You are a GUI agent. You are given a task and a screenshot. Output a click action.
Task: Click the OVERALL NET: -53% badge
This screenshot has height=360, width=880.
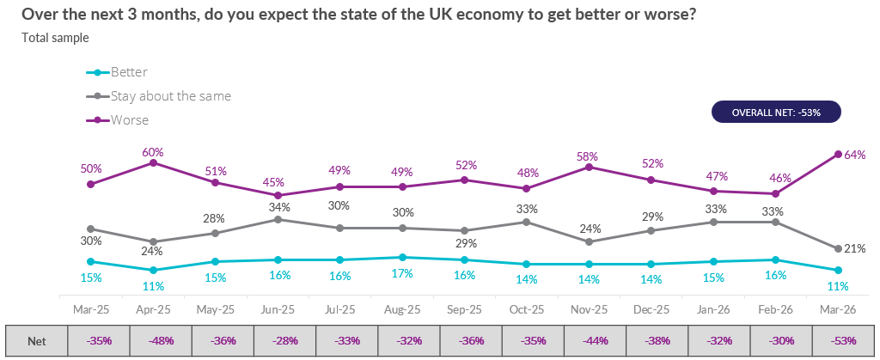(776, 113)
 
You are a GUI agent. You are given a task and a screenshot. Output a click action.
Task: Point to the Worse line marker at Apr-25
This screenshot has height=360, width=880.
(154, 162)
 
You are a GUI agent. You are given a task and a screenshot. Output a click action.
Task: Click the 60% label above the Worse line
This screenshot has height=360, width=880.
(154, 152)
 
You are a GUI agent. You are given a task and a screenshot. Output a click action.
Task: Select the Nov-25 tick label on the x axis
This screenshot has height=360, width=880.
(589, 308)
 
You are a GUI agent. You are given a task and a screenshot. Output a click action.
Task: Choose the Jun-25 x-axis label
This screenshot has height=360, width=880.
(278, 308)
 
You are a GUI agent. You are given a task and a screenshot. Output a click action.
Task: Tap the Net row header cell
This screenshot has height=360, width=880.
(36, 340)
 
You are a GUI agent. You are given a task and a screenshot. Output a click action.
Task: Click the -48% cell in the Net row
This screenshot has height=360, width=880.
(154, 340)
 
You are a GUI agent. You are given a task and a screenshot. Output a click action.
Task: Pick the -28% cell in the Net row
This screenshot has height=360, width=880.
(278, 340)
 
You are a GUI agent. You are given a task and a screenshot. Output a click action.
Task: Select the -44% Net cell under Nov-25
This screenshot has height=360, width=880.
(589, 340)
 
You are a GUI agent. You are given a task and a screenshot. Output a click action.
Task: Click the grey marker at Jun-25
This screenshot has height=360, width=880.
(278, 219)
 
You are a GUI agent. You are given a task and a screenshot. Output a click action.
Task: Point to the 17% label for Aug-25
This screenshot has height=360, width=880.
(402, 272)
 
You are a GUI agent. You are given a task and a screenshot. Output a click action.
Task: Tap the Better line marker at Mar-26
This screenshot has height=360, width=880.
(837, 270)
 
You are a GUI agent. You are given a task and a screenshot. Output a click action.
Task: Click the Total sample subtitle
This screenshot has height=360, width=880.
(55, 38)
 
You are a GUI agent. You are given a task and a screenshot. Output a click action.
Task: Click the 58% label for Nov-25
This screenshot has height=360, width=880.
(589, 156)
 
